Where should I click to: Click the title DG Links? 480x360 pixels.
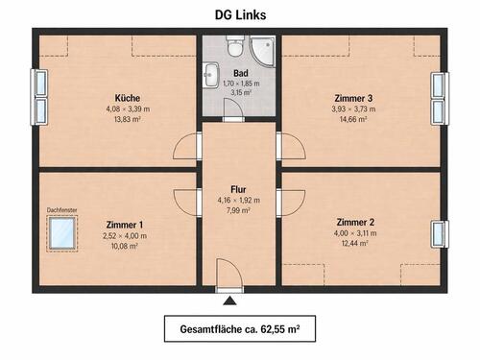click(x=239, y=14)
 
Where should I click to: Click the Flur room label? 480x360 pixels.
click(x=239, y=189)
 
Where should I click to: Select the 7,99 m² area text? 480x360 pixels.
click(x=239, y=211)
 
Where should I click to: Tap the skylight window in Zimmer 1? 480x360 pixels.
click(x=64, y=231)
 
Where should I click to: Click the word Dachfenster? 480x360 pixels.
click(x=63, y=209)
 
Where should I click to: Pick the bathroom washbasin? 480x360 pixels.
click(x=210, y=75)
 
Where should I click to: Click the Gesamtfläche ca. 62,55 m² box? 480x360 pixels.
click(x=239, y=330)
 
